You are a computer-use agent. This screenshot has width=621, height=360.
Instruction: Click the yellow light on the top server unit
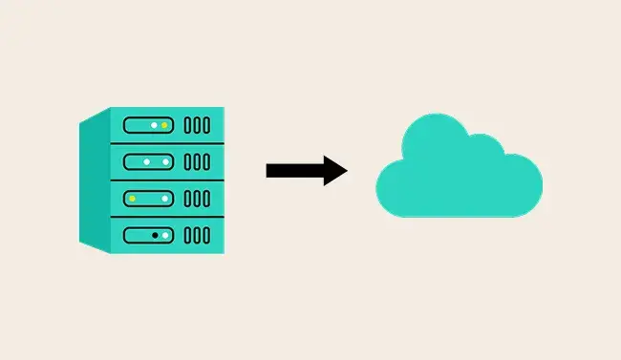click(164, 125)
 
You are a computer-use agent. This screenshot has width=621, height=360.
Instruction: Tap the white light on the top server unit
click(153, 125)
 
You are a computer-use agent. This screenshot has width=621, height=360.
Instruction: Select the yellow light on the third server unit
click(134, 198)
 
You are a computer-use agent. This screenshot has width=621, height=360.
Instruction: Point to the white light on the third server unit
click(164, 198)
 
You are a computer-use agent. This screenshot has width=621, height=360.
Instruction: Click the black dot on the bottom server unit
click(154, 234)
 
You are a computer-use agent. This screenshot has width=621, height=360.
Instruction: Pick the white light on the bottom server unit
click(165, 234)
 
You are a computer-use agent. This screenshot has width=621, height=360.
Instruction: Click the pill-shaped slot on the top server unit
click(148, 125)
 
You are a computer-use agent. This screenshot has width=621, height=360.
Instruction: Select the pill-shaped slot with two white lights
click(148, 161)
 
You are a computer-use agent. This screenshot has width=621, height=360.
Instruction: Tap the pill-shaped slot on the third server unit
click(148, 198)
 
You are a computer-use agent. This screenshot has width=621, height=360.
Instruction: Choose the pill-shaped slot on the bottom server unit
click(148, 234)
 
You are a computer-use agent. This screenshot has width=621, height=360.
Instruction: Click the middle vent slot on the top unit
click(197, 125)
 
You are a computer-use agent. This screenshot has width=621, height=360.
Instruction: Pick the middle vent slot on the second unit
click(197, 161)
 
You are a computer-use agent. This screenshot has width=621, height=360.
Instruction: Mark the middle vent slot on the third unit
click(197, 198)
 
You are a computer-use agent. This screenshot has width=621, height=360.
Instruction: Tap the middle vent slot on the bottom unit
click(197, 234)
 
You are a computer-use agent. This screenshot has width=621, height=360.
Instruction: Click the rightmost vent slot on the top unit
click(206, 125)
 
